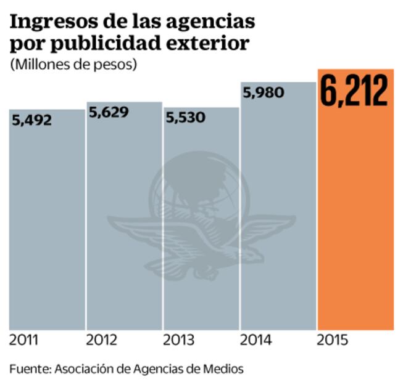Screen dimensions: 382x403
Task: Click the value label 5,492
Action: click(x=32, y=120)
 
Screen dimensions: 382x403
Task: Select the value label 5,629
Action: click(x=109, y=112)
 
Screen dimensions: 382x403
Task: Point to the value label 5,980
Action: click(x=264, y=93)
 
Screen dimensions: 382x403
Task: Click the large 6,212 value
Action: click(x=354, y=91)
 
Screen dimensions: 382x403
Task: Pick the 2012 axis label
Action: click(x=102, y=340)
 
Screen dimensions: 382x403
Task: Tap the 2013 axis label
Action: click(x=179, y=340)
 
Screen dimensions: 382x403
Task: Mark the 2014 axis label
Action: click(x=256, y=340)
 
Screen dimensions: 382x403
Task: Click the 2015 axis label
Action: click(x=333, y=340)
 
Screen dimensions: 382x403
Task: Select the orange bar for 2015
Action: click(x=355, y=216)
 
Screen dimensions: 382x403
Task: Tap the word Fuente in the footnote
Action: click(x=29, y=368)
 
